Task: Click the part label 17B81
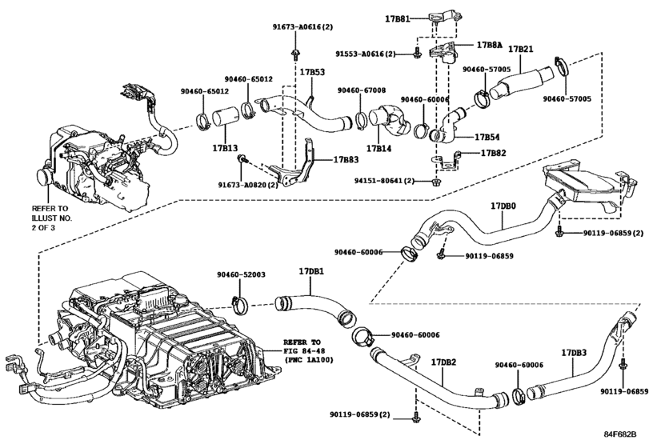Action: tap(398, 17)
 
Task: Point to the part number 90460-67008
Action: tap(361, 90)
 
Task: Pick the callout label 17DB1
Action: tap(311, 271)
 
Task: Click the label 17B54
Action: tap(487, 137)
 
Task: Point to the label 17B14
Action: tap(378, 148)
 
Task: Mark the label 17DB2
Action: tap(444, 362)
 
